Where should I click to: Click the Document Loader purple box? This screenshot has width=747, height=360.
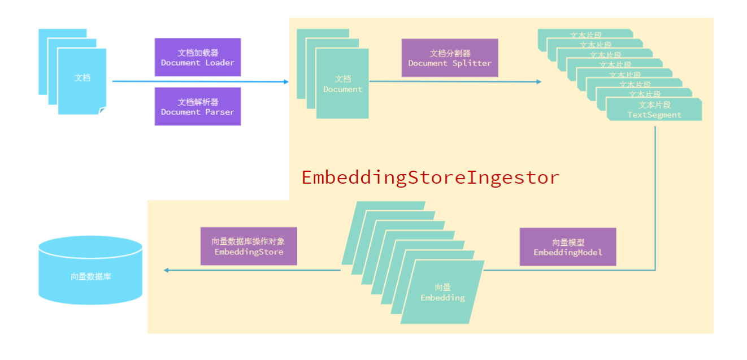click(x=198, y=57)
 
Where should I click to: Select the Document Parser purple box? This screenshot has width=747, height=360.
click(x=198, y=106)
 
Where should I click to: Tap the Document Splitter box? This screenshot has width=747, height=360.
click(x=450, y=58)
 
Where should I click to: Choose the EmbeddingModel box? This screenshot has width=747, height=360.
click(x=567, y=247)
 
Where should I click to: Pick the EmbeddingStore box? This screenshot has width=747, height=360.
click(x=249, y=246)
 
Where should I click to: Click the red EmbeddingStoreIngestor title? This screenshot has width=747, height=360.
click(x=430, y=177)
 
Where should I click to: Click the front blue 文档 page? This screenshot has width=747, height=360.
click(x=82, y=79)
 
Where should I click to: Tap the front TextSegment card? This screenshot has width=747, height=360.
click(x=654, y=110)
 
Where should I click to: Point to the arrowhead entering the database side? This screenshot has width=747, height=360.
click(x=166, y=270)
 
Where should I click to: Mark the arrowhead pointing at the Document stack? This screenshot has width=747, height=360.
click(x=286, y=82)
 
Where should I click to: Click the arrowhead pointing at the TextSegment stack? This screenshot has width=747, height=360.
click(x=538, y=82)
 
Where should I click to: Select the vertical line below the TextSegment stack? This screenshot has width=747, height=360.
click(x=655, y=198)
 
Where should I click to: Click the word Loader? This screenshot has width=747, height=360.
click(x=220, y=63)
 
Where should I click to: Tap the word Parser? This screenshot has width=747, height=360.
click(x=220, y=112)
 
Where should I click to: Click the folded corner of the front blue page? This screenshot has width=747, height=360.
click(x=102, y=111)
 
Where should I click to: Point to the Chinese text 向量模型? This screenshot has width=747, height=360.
click(x=567, y=242)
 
